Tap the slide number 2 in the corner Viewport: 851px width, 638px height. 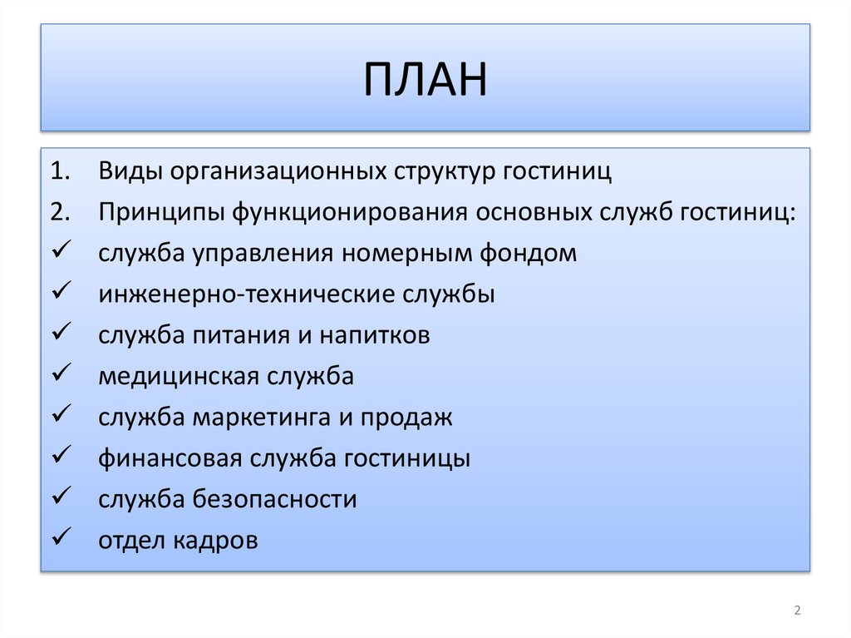797,611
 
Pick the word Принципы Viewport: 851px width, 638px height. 161,213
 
